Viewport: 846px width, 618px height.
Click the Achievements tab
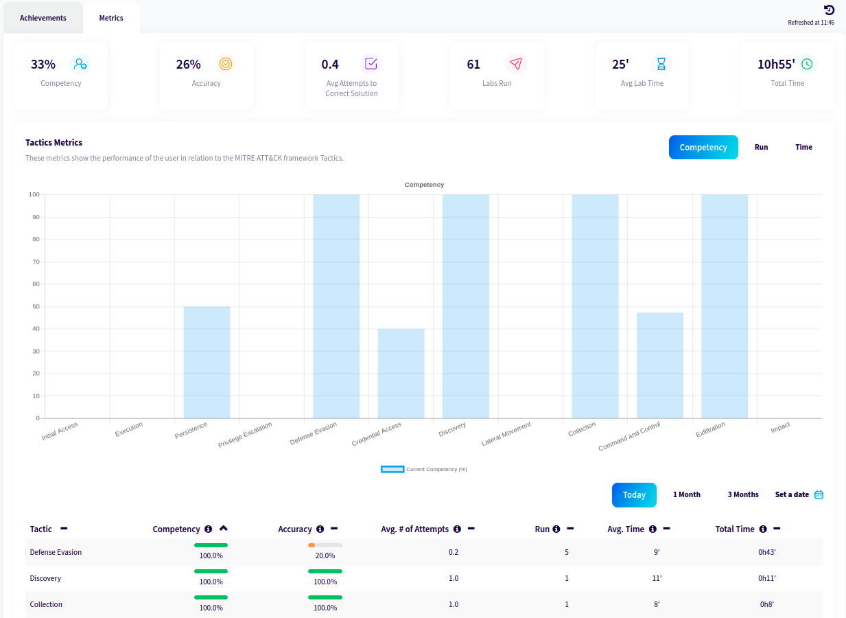[x=43, y=18]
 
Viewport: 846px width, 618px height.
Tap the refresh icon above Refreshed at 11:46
[x=829, y=10]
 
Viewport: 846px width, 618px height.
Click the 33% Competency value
[x=43, y=65]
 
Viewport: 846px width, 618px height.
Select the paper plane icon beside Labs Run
[x=515, y=64]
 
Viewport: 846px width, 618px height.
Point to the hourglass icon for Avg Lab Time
[x=661, y=64]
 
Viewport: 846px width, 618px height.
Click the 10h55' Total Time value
[x=776, y=65]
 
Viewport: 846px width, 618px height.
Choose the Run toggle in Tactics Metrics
[x=761, y=147]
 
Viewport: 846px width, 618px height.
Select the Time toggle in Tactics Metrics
[x=803, y=147]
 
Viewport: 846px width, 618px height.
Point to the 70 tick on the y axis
[x=36, y=262]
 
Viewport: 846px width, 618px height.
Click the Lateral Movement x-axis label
[x=506, y=434]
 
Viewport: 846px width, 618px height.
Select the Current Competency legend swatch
[x=392, y=469]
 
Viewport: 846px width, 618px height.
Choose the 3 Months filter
[x=743, y=494]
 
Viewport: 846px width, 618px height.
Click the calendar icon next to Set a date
[x=819, y=494]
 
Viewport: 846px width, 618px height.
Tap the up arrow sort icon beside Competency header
[x=223, y=529]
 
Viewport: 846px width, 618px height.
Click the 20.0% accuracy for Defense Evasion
[x=325, y=556]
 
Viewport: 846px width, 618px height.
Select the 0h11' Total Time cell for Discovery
[x=766, y=578]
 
